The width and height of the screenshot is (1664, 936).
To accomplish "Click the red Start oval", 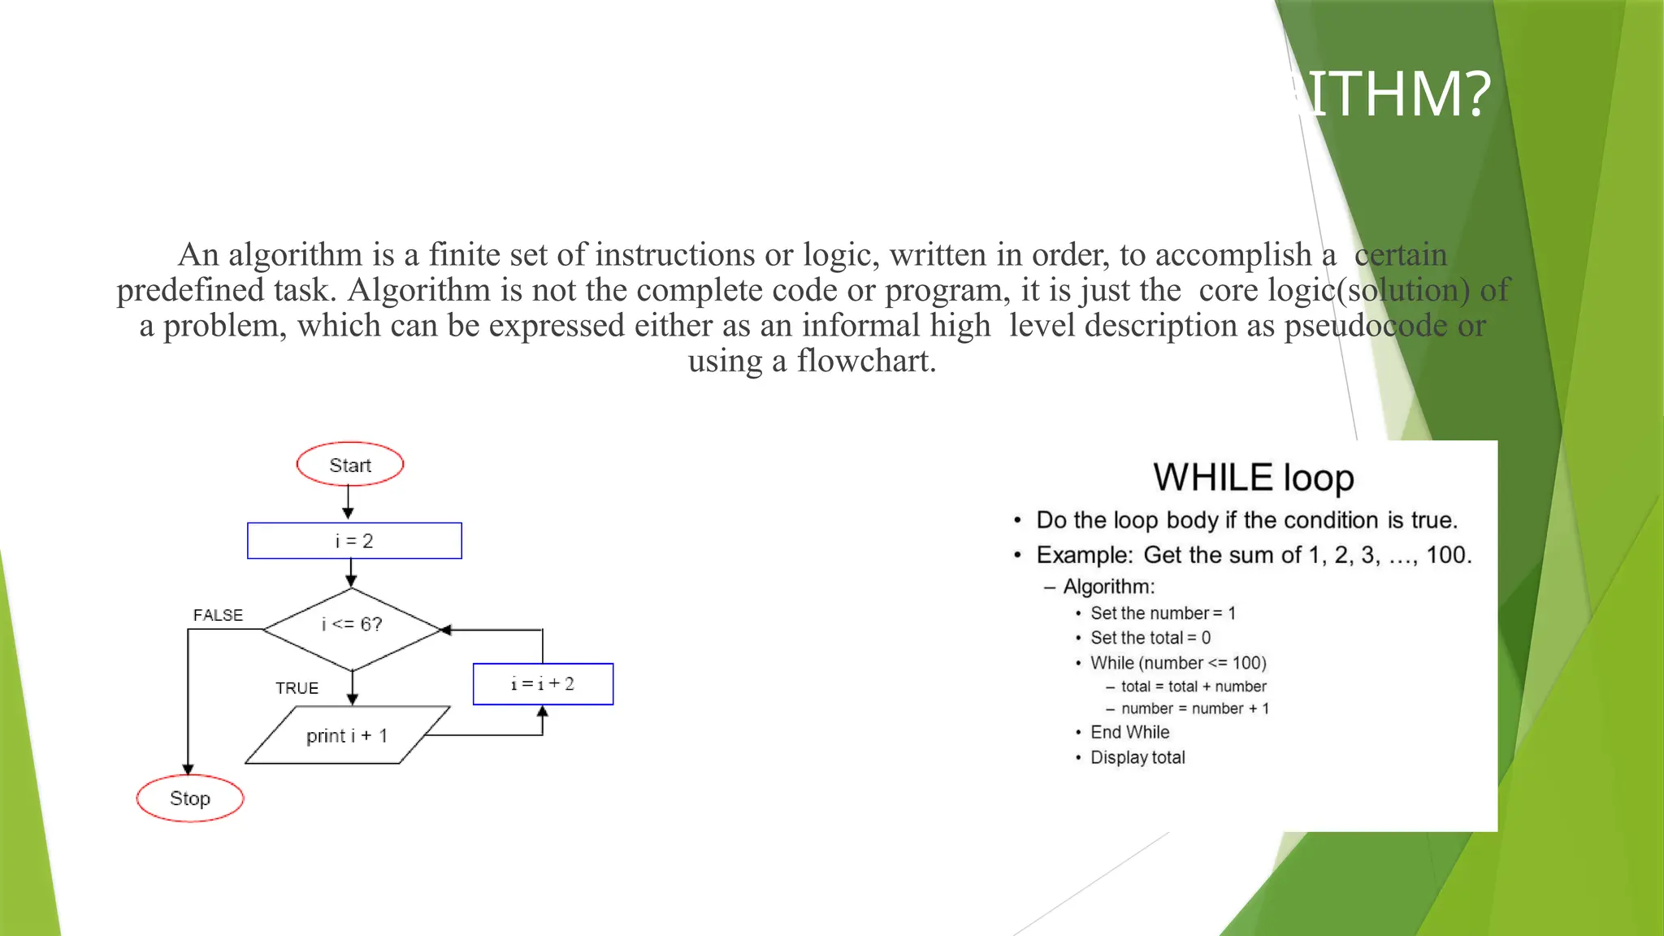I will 350,465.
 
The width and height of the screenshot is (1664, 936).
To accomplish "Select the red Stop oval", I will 190,799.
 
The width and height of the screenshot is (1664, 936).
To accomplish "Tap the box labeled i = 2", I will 354,541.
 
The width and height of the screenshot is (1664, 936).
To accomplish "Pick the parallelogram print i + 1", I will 347,735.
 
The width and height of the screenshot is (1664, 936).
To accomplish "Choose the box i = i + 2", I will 543,684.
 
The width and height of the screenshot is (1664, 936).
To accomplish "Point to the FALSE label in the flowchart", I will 218,615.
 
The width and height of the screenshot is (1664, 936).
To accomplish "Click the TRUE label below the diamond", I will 297,688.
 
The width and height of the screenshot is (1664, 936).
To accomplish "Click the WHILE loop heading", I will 1253,478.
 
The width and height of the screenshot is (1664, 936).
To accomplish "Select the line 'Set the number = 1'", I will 1163,613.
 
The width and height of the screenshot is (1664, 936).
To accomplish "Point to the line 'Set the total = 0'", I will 1150,638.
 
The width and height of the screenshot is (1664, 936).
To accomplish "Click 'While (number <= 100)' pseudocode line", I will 1178,663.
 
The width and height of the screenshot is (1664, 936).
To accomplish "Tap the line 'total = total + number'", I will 1193,687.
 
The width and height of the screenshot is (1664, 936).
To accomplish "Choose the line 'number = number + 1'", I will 1194,708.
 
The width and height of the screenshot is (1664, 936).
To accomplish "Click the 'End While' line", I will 1129,732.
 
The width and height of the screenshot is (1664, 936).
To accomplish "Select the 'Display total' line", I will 1137,757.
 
